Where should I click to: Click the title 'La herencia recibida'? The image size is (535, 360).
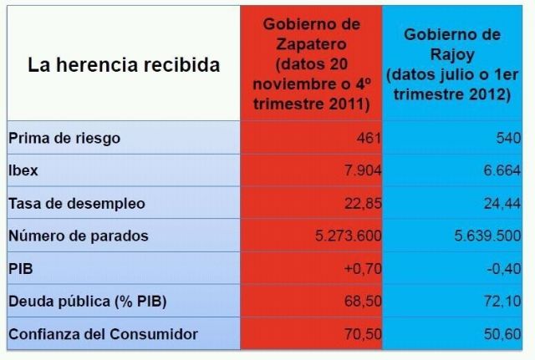point(124,64)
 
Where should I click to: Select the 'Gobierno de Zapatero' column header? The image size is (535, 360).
point(310,63)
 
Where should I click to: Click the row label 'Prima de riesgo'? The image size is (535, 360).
point(64,138)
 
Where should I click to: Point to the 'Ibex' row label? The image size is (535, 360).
point(23,170)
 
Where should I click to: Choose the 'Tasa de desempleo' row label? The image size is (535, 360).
point(76,203)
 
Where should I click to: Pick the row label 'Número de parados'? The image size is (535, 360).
point(78,236)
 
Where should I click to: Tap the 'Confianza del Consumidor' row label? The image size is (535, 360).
point(103,334)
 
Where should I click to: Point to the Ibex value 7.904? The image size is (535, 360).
point(363,170)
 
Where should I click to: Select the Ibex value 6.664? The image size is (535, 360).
point(503,170)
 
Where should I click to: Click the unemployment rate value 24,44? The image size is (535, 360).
point(503,203)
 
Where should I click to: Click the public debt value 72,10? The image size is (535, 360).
point(503,302)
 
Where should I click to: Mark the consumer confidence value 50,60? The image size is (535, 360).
point(503,334)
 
